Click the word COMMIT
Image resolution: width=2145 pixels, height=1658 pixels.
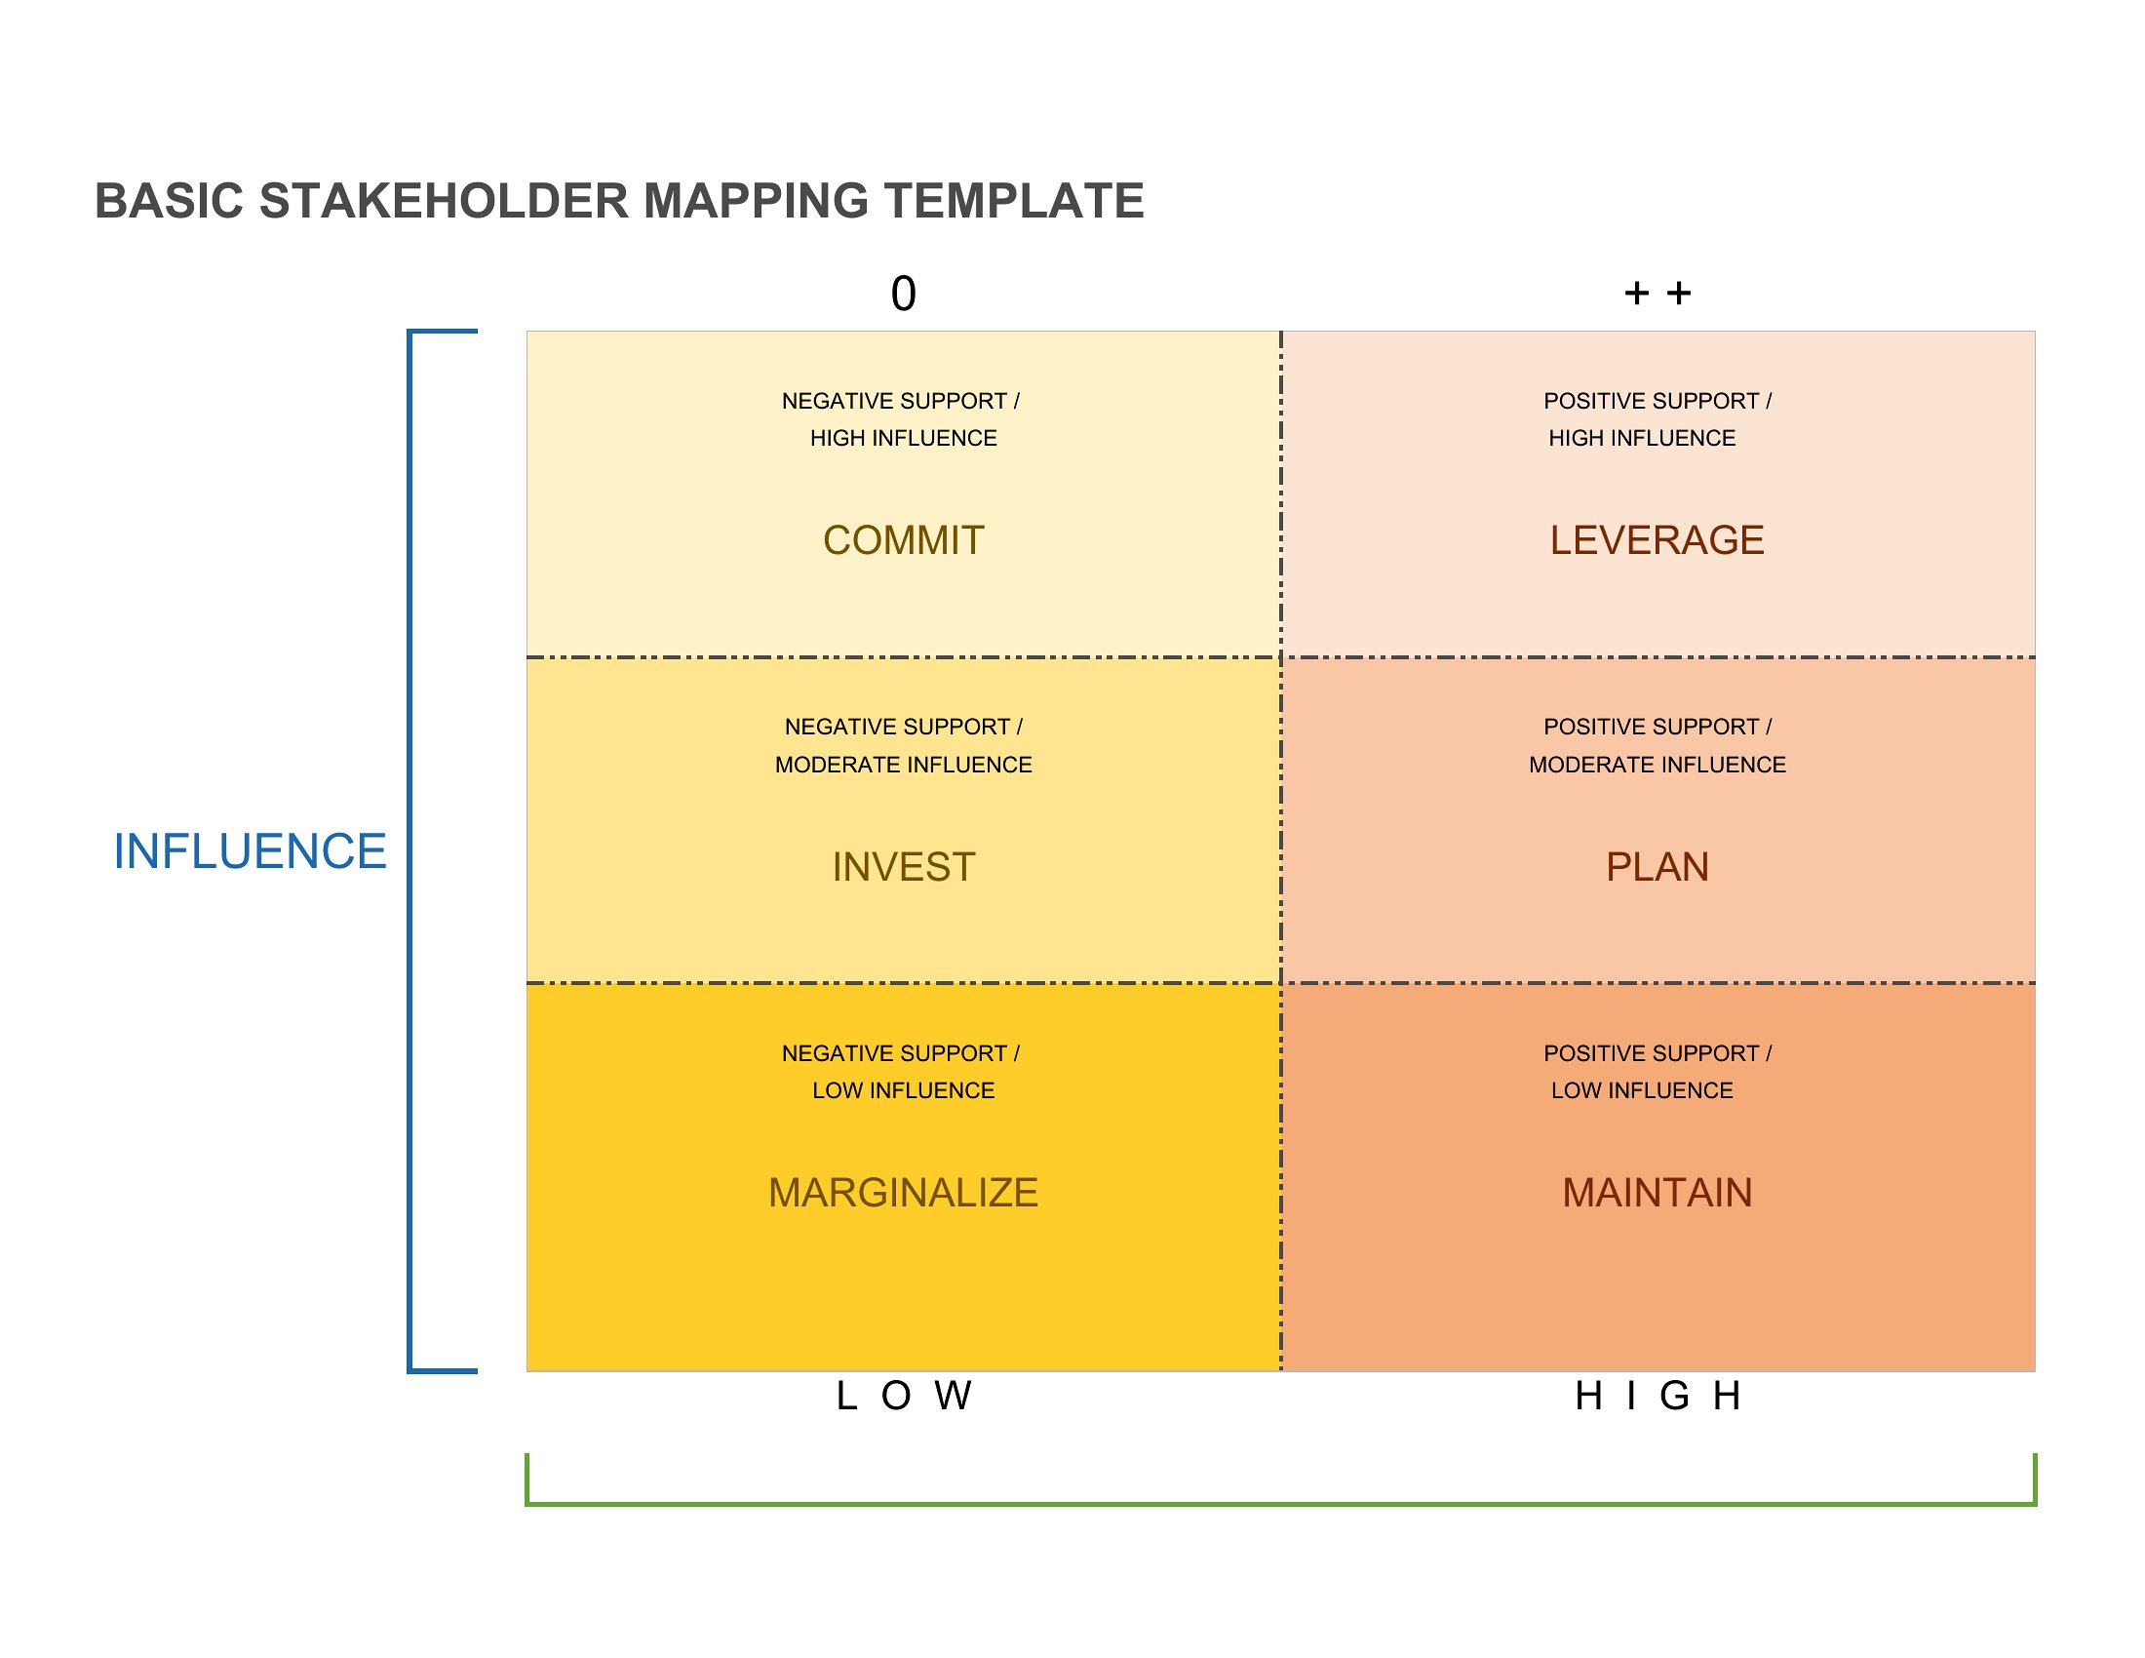(x=904, y=540)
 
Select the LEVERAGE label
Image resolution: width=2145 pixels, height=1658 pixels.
(x=1657, y=540)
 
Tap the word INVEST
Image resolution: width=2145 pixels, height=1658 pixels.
(x=904, y=866)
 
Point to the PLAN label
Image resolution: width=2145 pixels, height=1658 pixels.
(x=1657, y=866)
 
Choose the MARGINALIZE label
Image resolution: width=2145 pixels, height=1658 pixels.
(x=904, y=1193)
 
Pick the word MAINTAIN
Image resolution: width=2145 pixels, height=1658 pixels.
(x=1657, y=1193)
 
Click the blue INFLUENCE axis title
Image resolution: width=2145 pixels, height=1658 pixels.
(x=250, y=850)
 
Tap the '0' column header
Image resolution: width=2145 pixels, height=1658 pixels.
(x=904, y=294)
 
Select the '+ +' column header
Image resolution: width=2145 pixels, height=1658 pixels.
(x=1657, y=293)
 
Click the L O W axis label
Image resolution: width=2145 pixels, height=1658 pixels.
(x=904, y=1395)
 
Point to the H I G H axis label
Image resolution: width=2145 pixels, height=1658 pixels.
(x=1657, y=1395)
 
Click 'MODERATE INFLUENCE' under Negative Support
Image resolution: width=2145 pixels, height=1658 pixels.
(x=904, y=765)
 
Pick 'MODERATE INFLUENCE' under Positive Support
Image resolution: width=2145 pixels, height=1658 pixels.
(x=1657, y=765)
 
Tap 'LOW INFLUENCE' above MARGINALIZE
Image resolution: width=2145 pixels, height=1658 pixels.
(x=904, y=1090)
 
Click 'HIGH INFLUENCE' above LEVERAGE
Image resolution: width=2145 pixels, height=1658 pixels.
(x=1642, y=438)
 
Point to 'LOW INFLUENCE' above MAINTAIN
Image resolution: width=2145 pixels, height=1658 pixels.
(x=1642, y=1090)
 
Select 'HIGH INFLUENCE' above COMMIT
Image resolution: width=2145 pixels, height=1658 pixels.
(x=904, y=438)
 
